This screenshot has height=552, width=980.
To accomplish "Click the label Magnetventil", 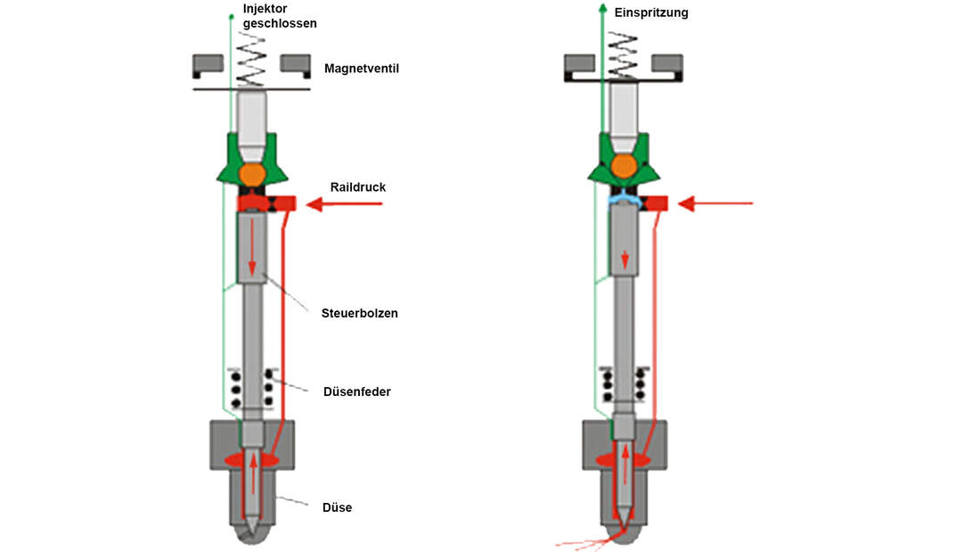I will click(361, 68).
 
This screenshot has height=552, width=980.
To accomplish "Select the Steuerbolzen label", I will click(359, 313).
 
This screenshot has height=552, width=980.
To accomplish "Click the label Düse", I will click(337, 507).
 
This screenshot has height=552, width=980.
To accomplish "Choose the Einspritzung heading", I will click(651, 13).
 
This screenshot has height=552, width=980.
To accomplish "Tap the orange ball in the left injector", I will click(252, 172).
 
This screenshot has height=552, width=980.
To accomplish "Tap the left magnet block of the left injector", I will click(208, 64).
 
